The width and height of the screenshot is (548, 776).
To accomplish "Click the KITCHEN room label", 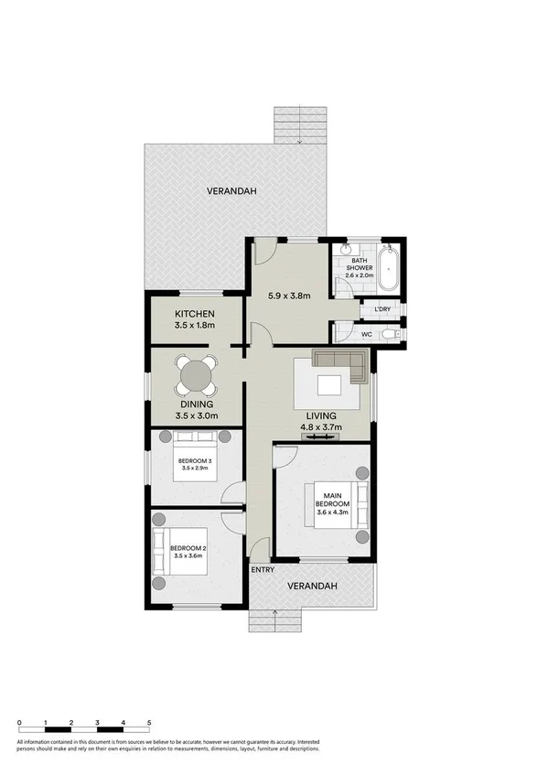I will click(x=194, y=314).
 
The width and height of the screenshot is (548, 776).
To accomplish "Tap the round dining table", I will click(x=196, y=374).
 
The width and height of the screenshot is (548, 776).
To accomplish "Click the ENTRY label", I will click(x=263, y=570).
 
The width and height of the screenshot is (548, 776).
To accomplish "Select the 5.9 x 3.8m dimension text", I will click(x=290, y=296).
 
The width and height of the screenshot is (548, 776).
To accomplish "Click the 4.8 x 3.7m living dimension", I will click(x=319, y=426).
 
